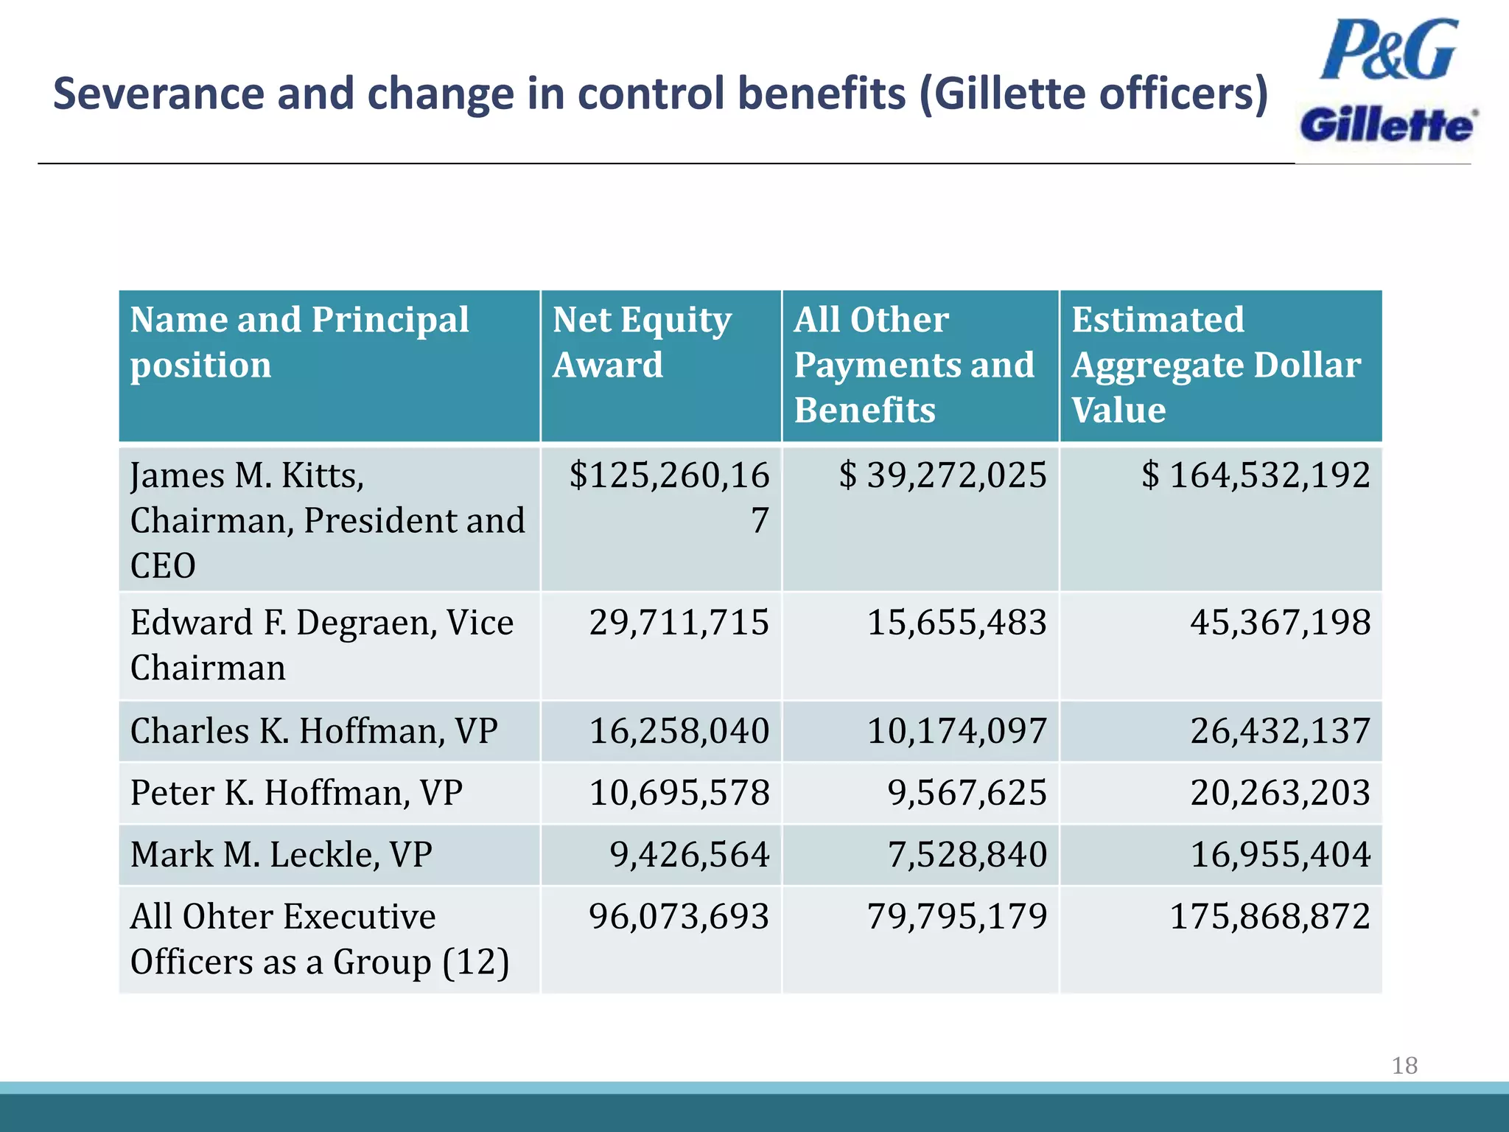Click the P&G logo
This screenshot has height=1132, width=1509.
1388,50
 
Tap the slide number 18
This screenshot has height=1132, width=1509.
1404,1065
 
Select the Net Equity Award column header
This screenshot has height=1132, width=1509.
642,342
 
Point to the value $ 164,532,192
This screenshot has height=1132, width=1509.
1256,475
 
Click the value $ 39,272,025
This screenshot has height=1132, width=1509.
942,475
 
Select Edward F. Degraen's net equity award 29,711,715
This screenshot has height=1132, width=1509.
679,622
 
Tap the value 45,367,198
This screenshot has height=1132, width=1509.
1280,622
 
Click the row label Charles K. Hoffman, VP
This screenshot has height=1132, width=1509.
314,731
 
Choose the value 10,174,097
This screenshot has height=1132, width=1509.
956,731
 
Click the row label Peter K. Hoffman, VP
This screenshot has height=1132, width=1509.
296,793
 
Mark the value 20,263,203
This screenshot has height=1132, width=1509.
1280,793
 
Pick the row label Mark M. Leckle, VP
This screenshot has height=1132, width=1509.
281,855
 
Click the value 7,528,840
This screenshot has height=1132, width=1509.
967,855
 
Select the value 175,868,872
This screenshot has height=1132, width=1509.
1270,917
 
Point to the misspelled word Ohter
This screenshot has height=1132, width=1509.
227,917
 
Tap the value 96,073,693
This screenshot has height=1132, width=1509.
679,917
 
